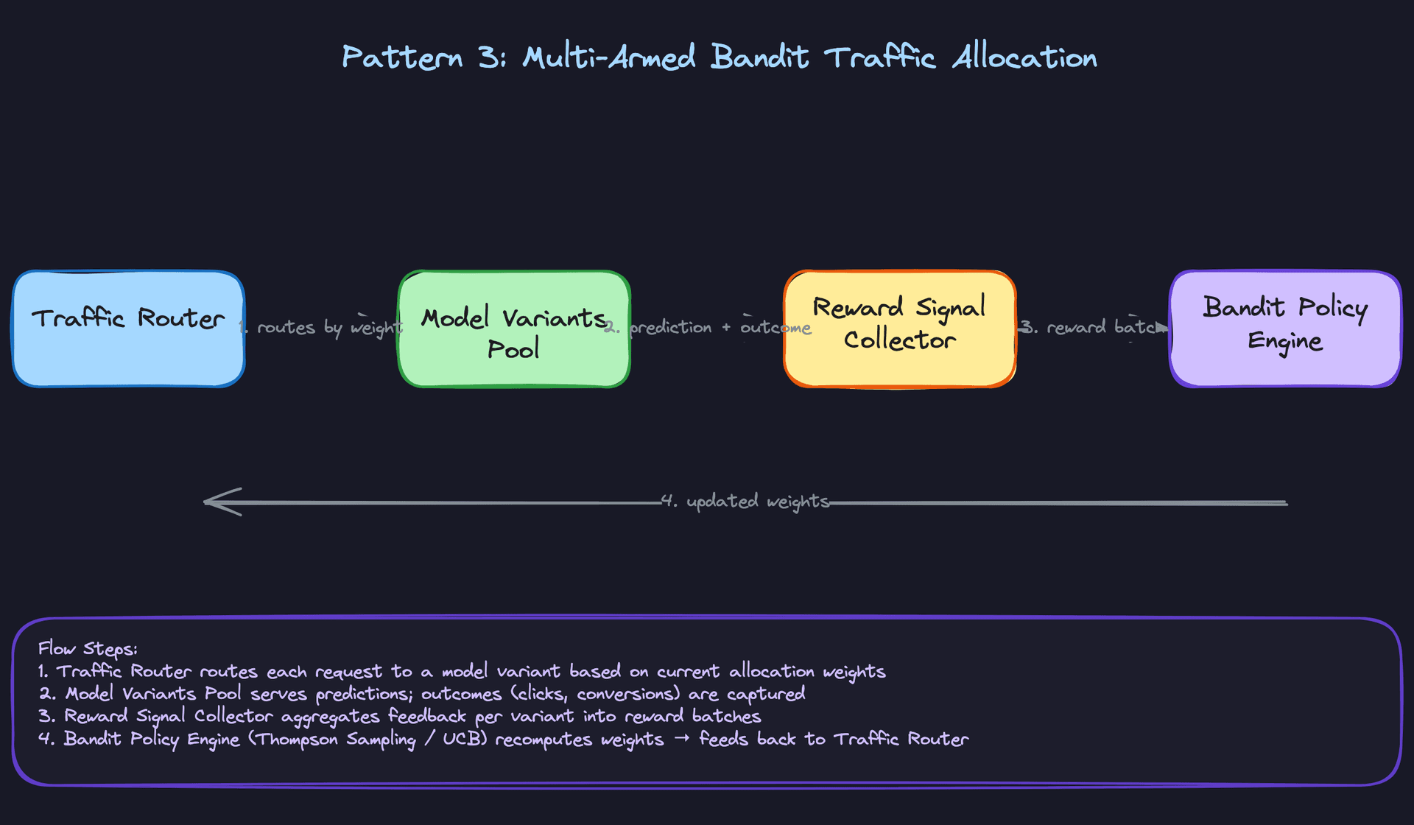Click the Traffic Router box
click(128, 329)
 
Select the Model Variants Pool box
click(513, 329)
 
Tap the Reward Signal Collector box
click(899, 329)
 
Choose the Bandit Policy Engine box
click(1284, 329)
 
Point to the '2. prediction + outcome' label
click(708, 327)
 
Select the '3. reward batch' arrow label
click(1093, 327)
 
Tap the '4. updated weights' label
click(745, 502)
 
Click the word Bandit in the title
click(759, 57)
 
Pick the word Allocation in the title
click(1024, 57)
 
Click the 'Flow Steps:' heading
click(88, 649)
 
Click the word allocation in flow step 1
click(771, 672)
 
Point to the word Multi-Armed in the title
click(608, 57)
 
